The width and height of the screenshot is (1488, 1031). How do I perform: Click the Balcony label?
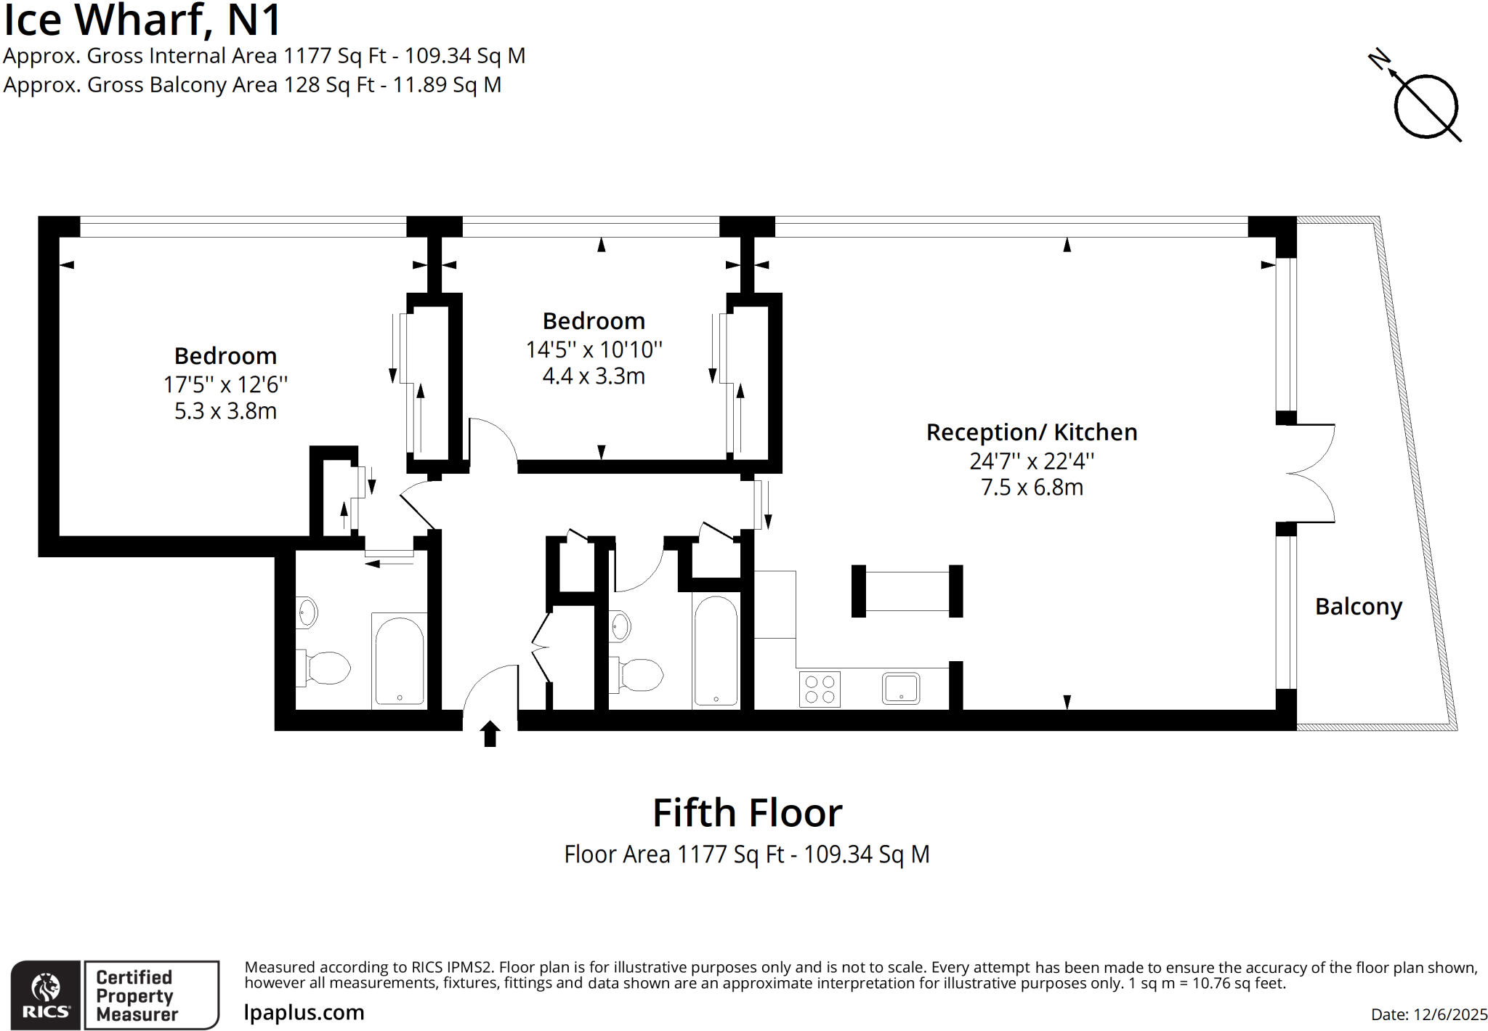click(x=1358, y=607)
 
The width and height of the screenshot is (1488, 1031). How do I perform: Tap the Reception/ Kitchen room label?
click(x=1031, y=432)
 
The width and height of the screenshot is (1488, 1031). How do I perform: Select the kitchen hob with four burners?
click(x=820, y=689)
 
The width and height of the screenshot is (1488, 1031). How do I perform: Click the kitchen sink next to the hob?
click(x=901, y=688)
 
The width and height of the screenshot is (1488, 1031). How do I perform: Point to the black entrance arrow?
click(x=490, y=733)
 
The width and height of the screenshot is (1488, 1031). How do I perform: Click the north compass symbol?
click(x=1424, y=105)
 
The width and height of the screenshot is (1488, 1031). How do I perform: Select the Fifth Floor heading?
click(x=747, y=813)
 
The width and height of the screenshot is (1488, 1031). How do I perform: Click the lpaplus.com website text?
click(x=304, y=1012)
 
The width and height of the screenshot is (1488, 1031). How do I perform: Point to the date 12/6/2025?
click(x=1428, y=1014)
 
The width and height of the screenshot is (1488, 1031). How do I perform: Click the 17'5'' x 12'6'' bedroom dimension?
click(x=225, y=384)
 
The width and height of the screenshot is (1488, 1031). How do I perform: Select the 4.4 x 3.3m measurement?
click(x=594, y=376)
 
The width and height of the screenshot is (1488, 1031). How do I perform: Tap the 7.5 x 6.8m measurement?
click(x=1031, y=487)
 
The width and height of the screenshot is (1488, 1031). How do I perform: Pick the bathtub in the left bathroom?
click(x=399, y=660)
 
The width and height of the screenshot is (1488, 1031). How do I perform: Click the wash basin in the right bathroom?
click(x=620, y=626)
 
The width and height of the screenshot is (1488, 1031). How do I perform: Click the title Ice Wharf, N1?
click(x=142, y=20)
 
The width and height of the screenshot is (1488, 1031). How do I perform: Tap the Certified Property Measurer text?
click(x=137, y=995)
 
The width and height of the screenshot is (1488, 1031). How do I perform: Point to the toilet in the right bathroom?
click(x=639, y=675)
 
